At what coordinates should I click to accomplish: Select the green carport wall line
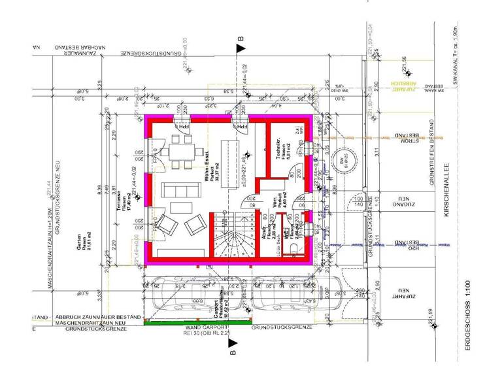pyautogui.click(x=196, y=322)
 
